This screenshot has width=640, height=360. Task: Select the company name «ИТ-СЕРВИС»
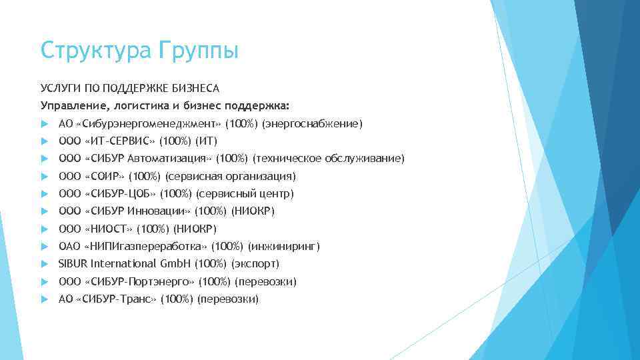pyautogui.click(x=120, y=141)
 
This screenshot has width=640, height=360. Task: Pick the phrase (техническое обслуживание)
pyautogui.click(x=327, y=159)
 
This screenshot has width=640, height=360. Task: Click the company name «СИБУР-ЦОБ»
pyautogui.click(x=120, y=194)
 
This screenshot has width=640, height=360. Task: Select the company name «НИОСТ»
pyautogui.click(x=109, y=229)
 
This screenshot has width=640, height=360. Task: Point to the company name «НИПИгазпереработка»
pyautogui.click(x=146, y=247)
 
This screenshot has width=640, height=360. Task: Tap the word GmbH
pyautogui.click(x=175, y=264)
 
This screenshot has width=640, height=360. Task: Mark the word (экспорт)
pyautogui.click(x=253, y=264)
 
